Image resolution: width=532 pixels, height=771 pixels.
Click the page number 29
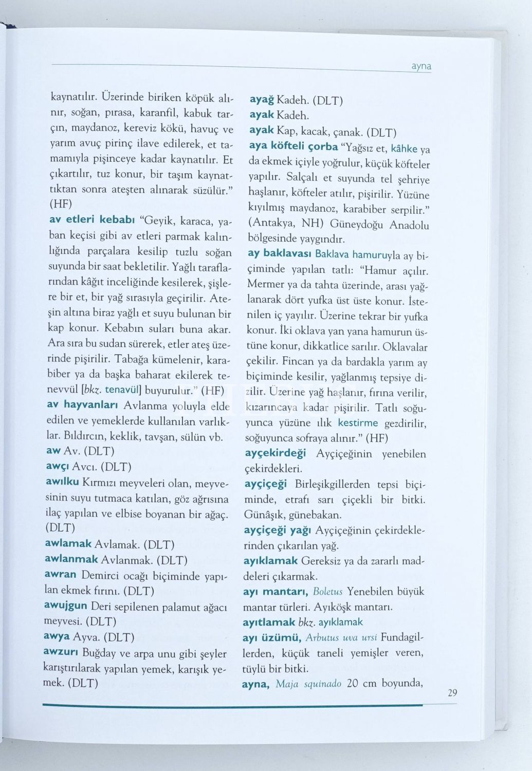coord(452,693)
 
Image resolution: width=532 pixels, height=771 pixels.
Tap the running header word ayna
coord(421,66)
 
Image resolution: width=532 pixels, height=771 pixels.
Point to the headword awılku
coord(62,483)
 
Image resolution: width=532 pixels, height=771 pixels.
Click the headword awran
coord(60,575)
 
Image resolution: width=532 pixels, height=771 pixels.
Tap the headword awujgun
coord(65,605)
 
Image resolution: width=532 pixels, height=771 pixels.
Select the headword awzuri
coord(60,653)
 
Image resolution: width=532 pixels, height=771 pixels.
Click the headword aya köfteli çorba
coord(293,146)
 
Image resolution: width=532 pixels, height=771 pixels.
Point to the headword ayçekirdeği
coord(275,453)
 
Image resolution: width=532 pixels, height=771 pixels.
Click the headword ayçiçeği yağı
coord(278,529)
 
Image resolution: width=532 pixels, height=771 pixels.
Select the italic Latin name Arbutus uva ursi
coord(341,638)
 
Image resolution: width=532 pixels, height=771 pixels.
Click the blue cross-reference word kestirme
coord(358,423)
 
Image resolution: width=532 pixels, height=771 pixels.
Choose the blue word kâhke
coord(404,149)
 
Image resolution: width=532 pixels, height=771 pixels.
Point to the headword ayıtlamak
coord(269,622)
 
